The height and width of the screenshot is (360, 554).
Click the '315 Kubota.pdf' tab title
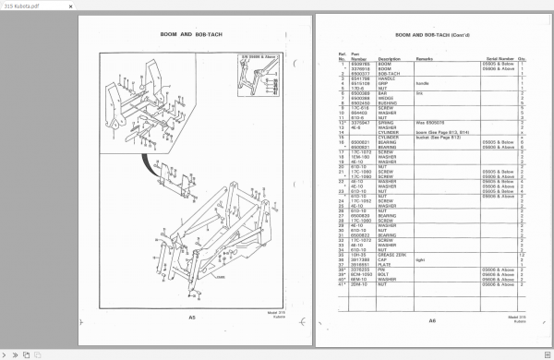coord(20,6)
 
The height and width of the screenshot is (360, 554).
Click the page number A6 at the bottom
coord(431,321)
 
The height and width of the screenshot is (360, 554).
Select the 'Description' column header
coord(389,58)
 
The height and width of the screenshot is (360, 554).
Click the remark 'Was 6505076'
coord(429,120)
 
